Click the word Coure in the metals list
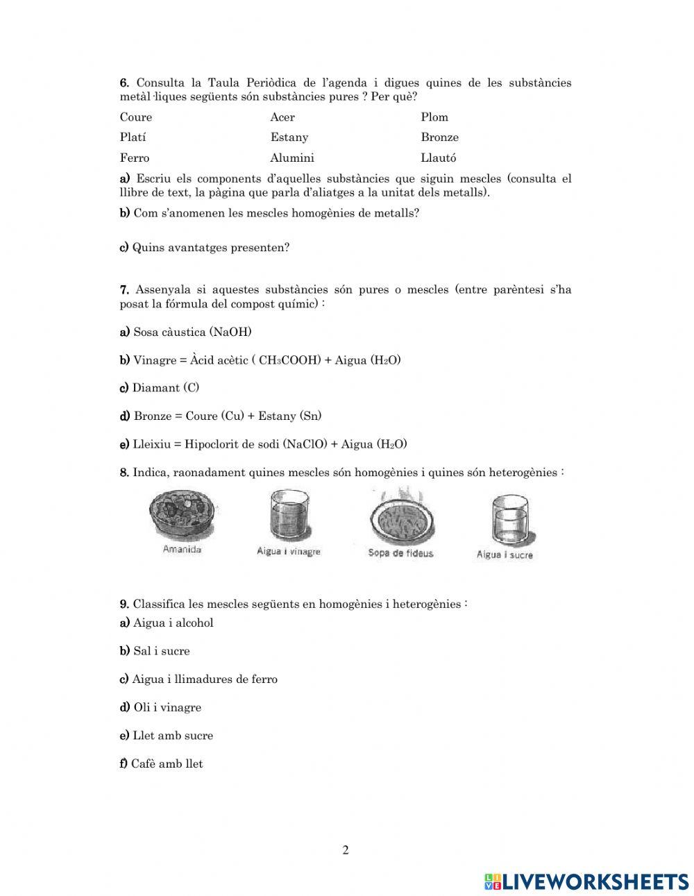[135, 117]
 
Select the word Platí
[133, 137]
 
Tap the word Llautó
[438, 158]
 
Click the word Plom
[434, 117]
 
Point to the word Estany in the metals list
[289, 137]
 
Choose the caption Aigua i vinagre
[288, 552]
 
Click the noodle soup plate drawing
[401, 517]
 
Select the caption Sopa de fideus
[400, 553]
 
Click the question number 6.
[124, 83]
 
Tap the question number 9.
[124, 604]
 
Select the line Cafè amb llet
[167, 763]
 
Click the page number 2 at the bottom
[346, 850]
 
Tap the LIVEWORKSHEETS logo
[586, 881]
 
